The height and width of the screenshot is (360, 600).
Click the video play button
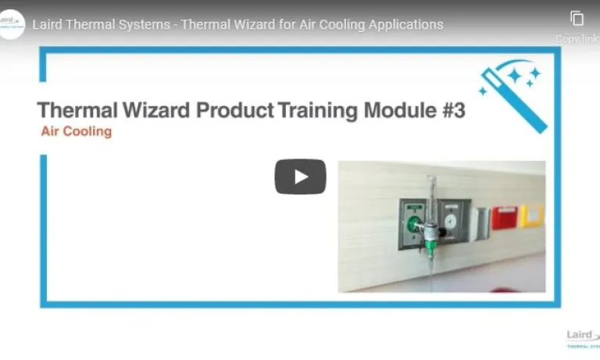click(300, 176)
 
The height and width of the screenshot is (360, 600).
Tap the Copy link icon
click(577, 19)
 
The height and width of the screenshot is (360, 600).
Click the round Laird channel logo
click(13, 23)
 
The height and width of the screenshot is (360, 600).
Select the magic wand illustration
click(511, 87)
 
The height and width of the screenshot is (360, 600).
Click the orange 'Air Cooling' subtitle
click(77, 131)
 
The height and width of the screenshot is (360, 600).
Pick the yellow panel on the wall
click(533, 215)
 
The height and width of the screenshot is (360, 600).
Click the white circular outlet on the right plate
click(451, 220)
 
